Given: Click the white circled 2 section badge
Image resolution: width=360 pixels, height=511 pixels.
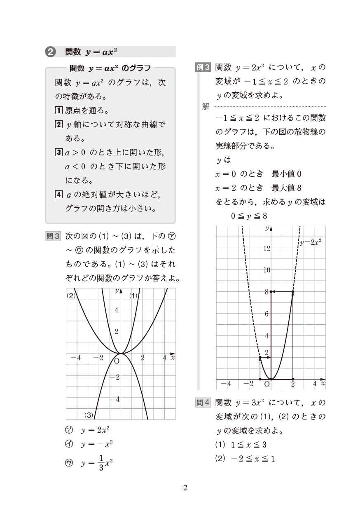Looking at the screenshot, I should point(50,52).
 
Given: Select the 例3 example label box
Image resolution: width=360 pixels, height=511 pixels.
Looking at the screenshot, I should point(203,67).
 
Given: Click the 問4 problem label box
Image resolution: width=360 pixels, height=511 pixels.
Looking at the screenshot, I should point(203,403).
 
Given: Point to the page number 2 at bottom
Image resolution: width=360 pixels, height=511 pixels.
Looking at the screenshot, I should point(185,488).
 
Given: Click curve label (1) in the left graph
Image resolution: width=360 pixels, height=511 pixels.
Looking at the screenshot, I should point(133,295).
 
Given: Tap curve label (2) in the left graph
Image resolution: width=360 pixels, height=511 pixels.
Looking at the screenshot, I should point(72,295).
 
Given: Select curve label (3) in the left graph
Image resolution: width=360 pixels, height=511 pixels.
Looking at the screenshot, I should point(89,415).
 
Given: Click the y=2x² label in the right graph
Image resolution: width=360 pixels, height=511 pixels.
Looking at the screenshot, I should point(311,243).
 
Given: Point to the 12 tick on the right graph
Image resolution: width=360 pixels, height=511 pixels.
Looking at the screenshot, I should point(266,248).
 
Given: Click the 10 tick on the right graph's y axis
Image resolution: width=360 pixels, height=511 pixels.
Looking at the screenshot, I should point(266,270).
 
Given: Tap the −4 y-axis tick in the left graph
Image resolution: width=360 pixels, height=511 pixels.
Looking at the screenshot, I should point(114,398).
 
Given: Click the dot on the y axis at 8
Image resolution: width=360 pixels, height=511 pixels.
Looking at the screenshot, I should point(271,292).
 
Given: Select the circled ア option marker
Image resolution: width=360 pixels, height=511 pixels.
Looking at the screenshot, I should point(69,430).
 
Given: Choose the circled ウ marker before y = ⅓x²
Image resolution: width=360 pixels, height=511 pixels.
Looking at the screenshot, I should point(69,463).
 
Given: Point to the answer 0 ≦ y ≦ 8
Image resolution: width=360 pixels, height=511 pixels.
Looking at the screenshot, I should point(249,216).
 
